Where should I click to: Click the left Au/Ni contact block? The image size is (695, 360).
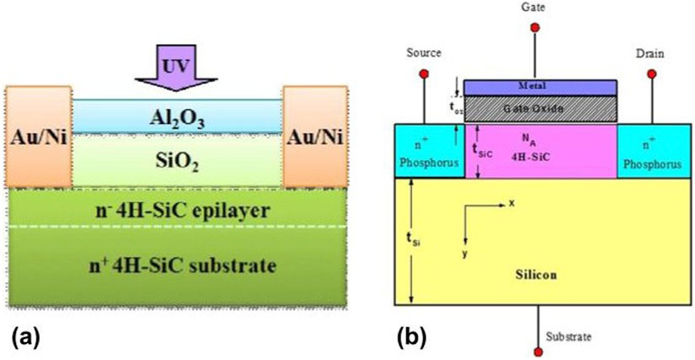click(x=37, y=134)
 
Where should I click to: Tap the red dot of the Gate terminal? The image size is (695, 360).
click(x=534, y=27)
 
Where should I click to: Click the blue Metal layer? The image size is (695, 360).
click(x=540, y=87)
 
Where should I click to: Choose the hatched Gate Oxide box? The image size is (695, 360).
click(x=540, y=108)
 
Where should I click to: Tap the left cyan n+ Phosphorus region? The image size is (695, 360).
click(x=430, y=152)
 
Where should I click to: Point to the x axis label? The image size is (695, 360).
click(x=512, y=204)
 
